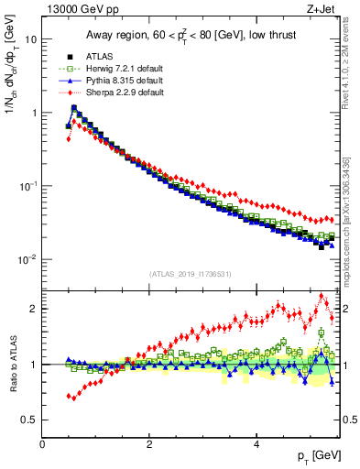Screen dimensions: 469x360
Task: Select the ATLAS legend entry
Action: point(102,54)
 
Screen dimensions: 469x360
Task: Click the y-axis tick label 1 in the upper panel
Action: point(34,113)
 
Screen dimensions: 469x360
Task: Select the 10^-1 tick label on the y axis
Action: point(27,186)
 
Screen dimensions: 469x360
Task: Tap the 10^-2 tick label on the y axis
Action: point(27,259)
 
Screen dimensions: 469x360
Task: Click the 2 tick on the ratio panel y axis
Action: point(34,309)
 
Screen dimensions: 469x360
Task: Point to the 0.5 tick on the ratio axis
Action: point(29,420)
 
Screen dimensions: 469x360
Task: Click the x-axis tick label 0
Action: point(42,444)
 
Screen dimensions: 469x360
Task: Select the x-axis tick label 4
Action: point(256,444)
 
